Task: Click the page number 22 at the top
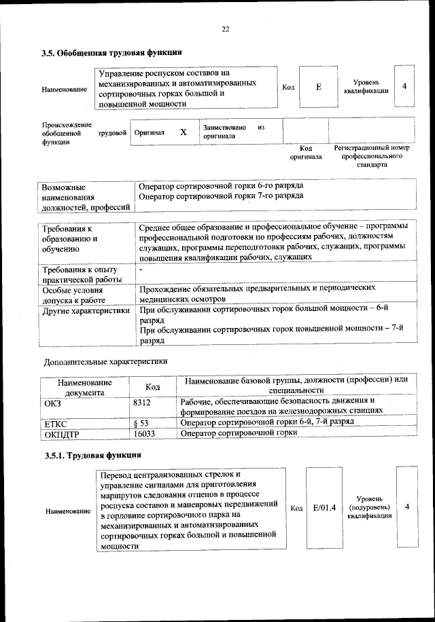[226, 29]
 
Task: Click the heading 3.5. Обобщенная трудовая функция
[111, 52]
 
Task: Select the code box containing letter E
[319, 88]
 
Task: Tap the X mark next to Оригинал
[184, 132]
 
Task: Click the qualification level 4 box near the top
[404, 87]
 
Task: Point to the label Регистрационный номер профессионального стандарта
[372, 155]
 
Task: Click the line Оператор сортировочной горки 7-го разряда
[221, 196]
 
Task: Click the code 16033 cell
[145, 433]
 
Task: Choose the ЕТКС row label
[55, 423]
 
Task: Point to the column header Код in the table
[153, 386]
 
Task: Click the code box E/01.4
[325, 507]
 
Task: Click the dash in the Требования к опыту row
[139, 270]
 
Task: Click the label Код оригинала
[306, 152]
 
